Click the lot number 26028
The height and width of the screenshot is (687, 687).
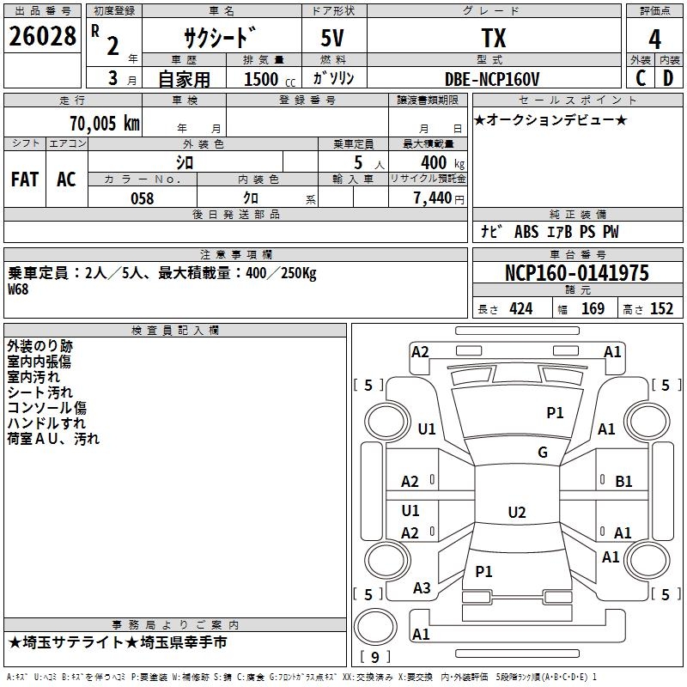point(42,36)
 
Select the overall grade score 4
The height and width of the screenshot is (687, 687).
point(654,39)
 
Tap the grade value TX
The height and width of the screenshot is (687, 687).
point(494,38)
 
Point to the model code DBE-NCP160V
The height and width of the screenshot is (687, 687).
point(492,79)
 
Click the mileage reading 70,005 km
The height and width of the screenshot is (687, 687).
point(105,123)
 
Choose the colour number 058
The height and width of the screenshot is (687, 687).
point(143,198)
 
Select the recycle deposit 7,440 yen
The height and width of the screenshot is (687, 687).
point(439,198)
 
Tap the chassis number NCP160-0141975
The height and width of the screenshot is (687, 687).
point(577,273)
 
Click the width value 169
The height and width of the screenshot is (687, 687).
point(593,309)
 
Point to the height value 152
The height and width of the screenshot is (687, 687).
point(661,309)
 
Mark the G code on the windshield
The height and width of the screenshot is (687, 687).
point(543,452)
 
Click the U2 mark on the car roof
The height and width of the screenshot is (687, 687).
point(517,512)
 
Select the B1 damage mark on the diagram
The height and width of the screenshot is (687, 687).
point(623,482)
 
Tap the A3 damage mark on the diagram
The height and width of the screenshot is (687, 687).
point(422,588)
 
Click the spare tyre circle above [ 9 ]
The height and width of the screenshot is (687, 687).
point(375,627)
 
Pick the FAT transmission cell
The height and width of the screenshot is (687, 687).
point(25,179)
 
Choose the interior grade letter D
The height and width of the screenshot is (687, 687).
point(668,78)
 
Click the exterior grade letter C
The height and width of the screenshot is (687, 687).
point(641,78)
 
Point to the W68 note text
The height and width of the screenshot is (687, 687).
point(18,289)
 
